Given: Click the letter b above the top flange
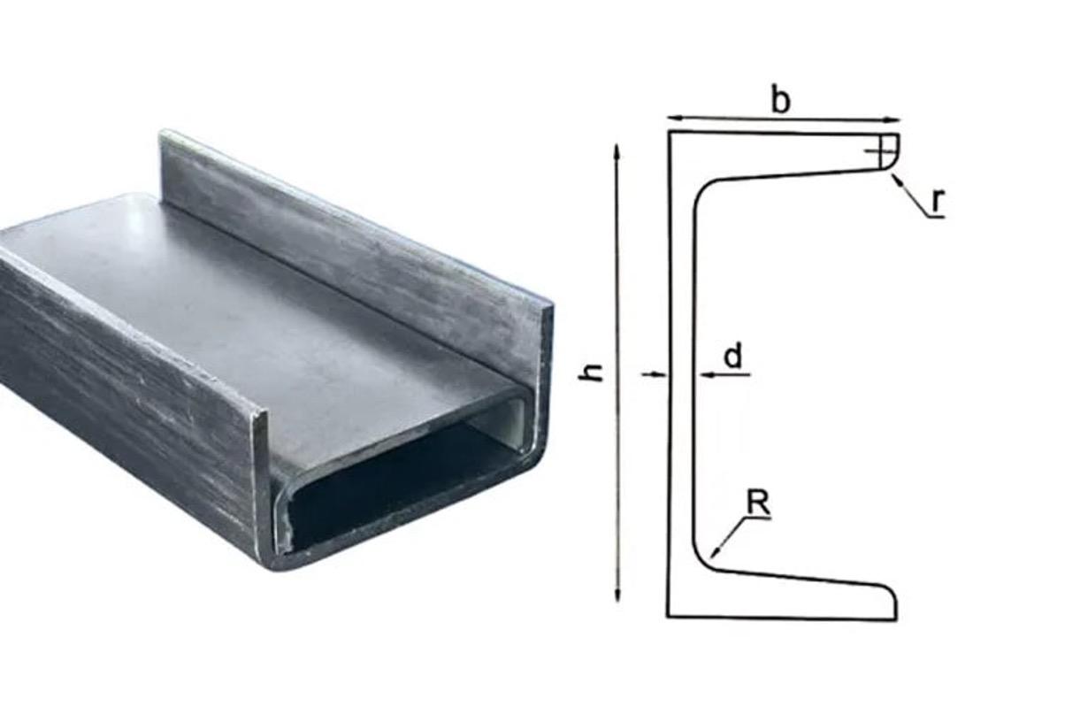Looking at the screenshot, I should [x=780, y=100].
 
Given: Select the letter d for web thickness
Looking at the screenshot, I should [x=733, y=357].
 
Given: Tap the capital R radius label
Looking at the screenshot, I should [x=758, y=503].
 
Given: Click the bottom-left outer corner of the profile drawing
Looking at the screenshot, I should [x=668, y=617].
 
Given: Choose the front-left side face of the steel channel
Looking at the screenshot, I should [x=124, y=398].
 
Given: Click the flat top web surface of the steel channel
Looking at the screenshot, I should [x=265, y=310].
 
